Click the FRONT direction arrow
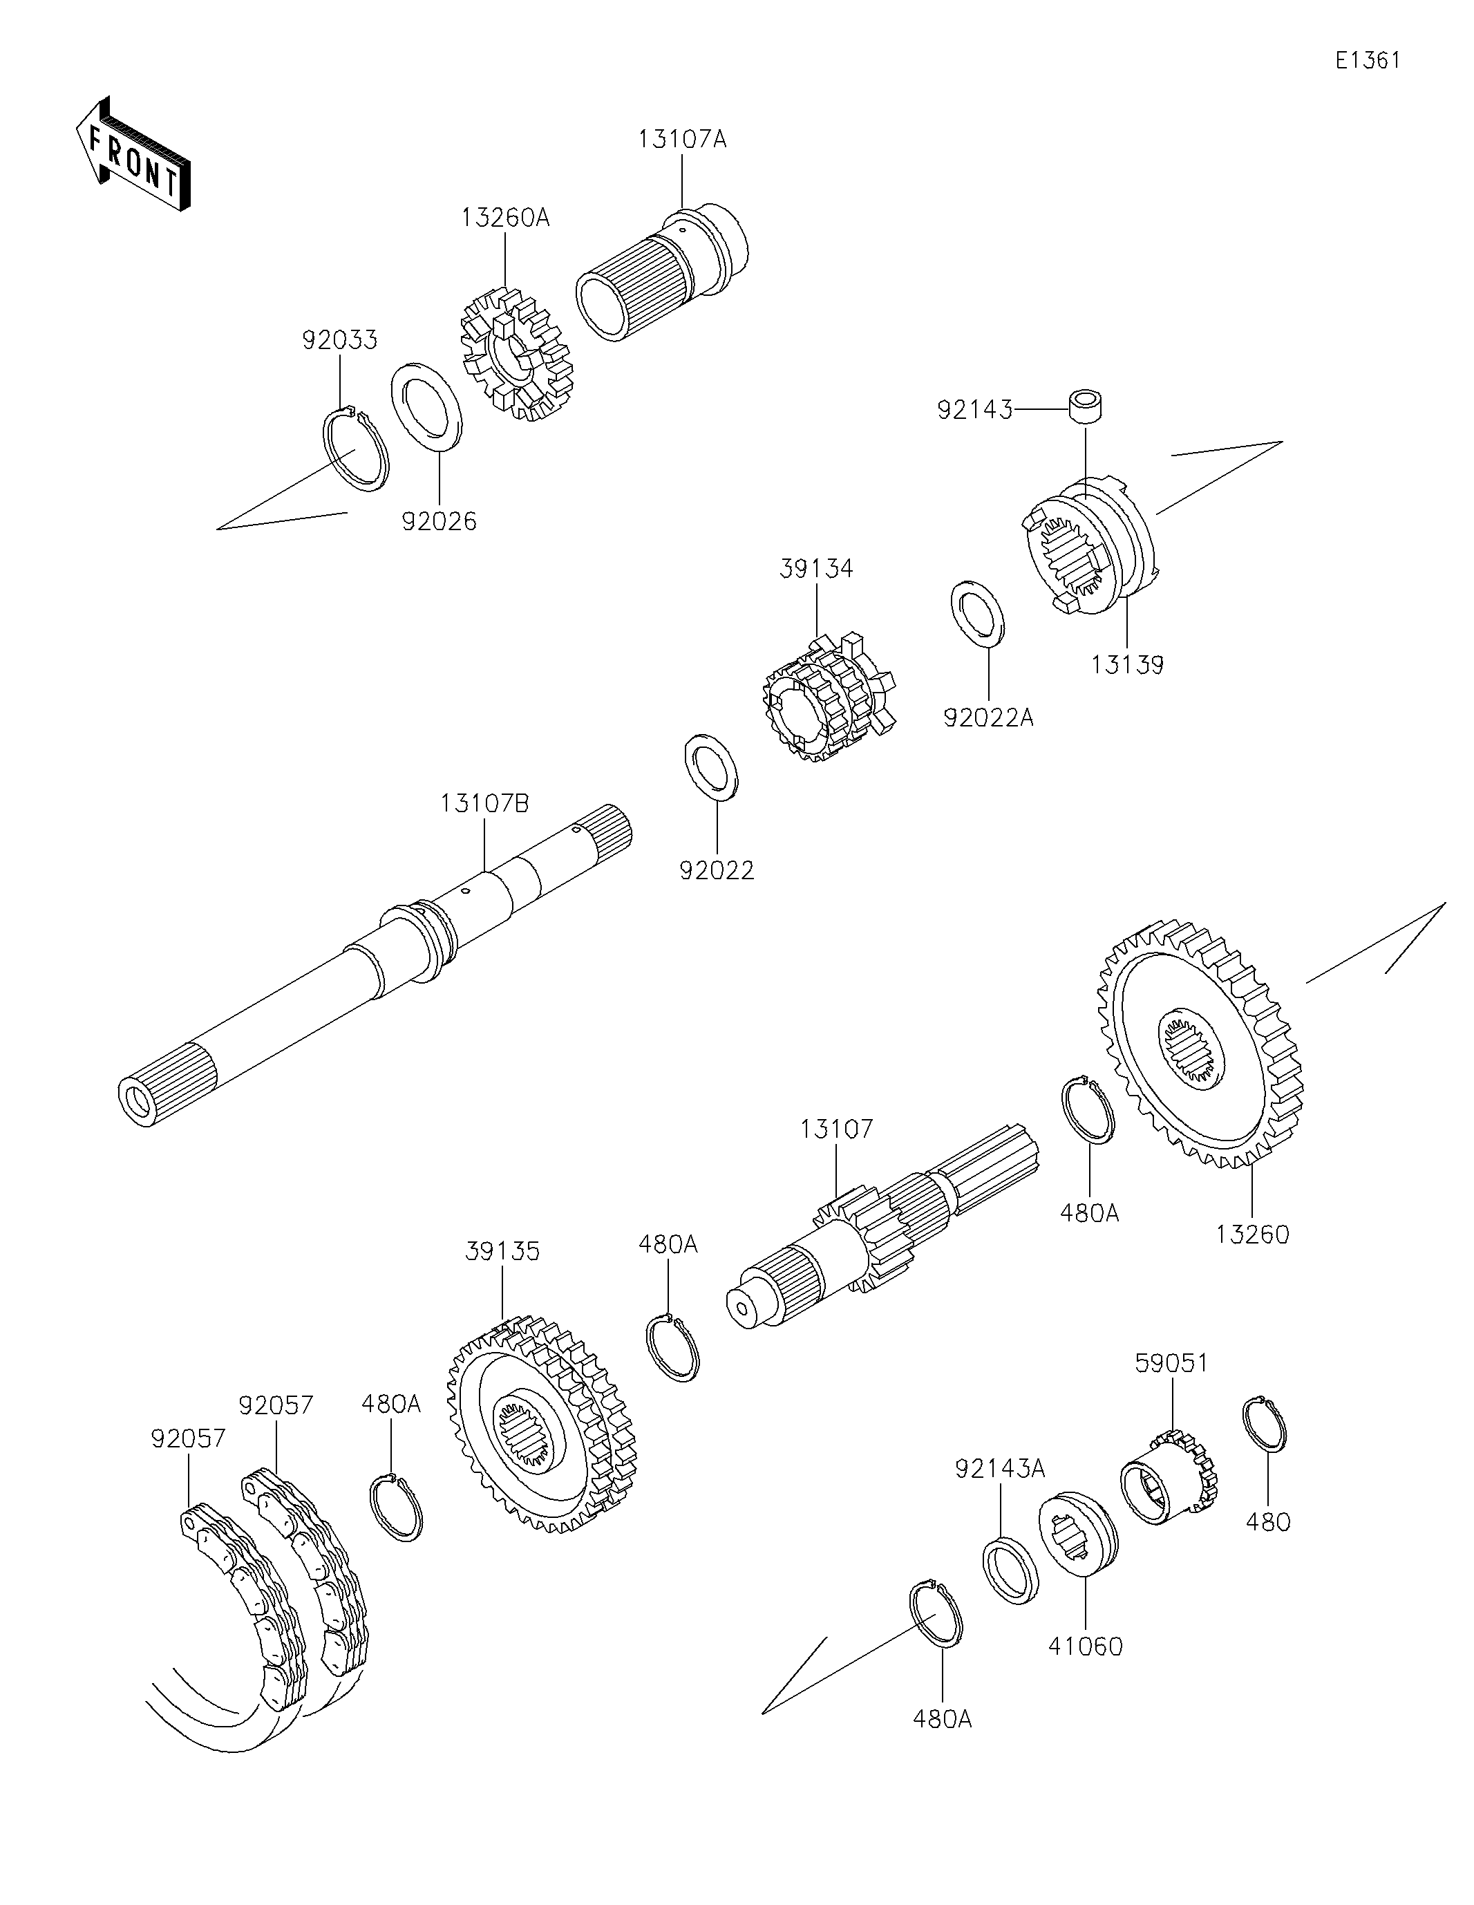point(133,153)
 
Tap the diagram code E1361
point(1368,60)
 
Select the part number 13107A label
point(681,139)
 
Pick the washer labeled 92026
point(426,407)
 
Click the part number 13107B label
point(484,803)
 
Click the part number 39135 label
point(502,1252)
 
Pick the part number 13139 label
point(1127,665)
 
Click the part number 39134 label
point(816,569)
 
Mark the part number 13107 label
point(836,1129)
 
